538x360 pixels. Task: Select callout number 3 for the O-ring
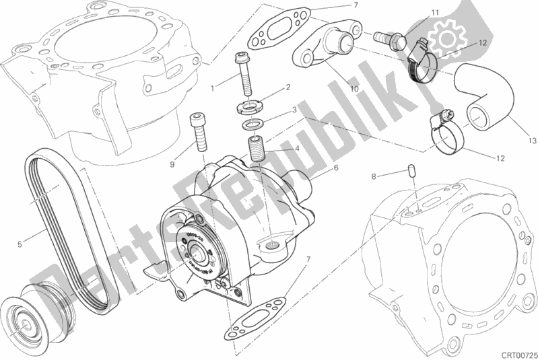294,110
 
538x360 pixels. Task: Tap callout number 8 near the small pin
372,176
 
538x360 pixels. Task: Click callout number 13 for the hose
532,141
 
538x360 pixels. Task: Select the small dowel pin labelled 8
410,172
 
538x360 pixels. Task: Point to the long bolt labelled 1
243,75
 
